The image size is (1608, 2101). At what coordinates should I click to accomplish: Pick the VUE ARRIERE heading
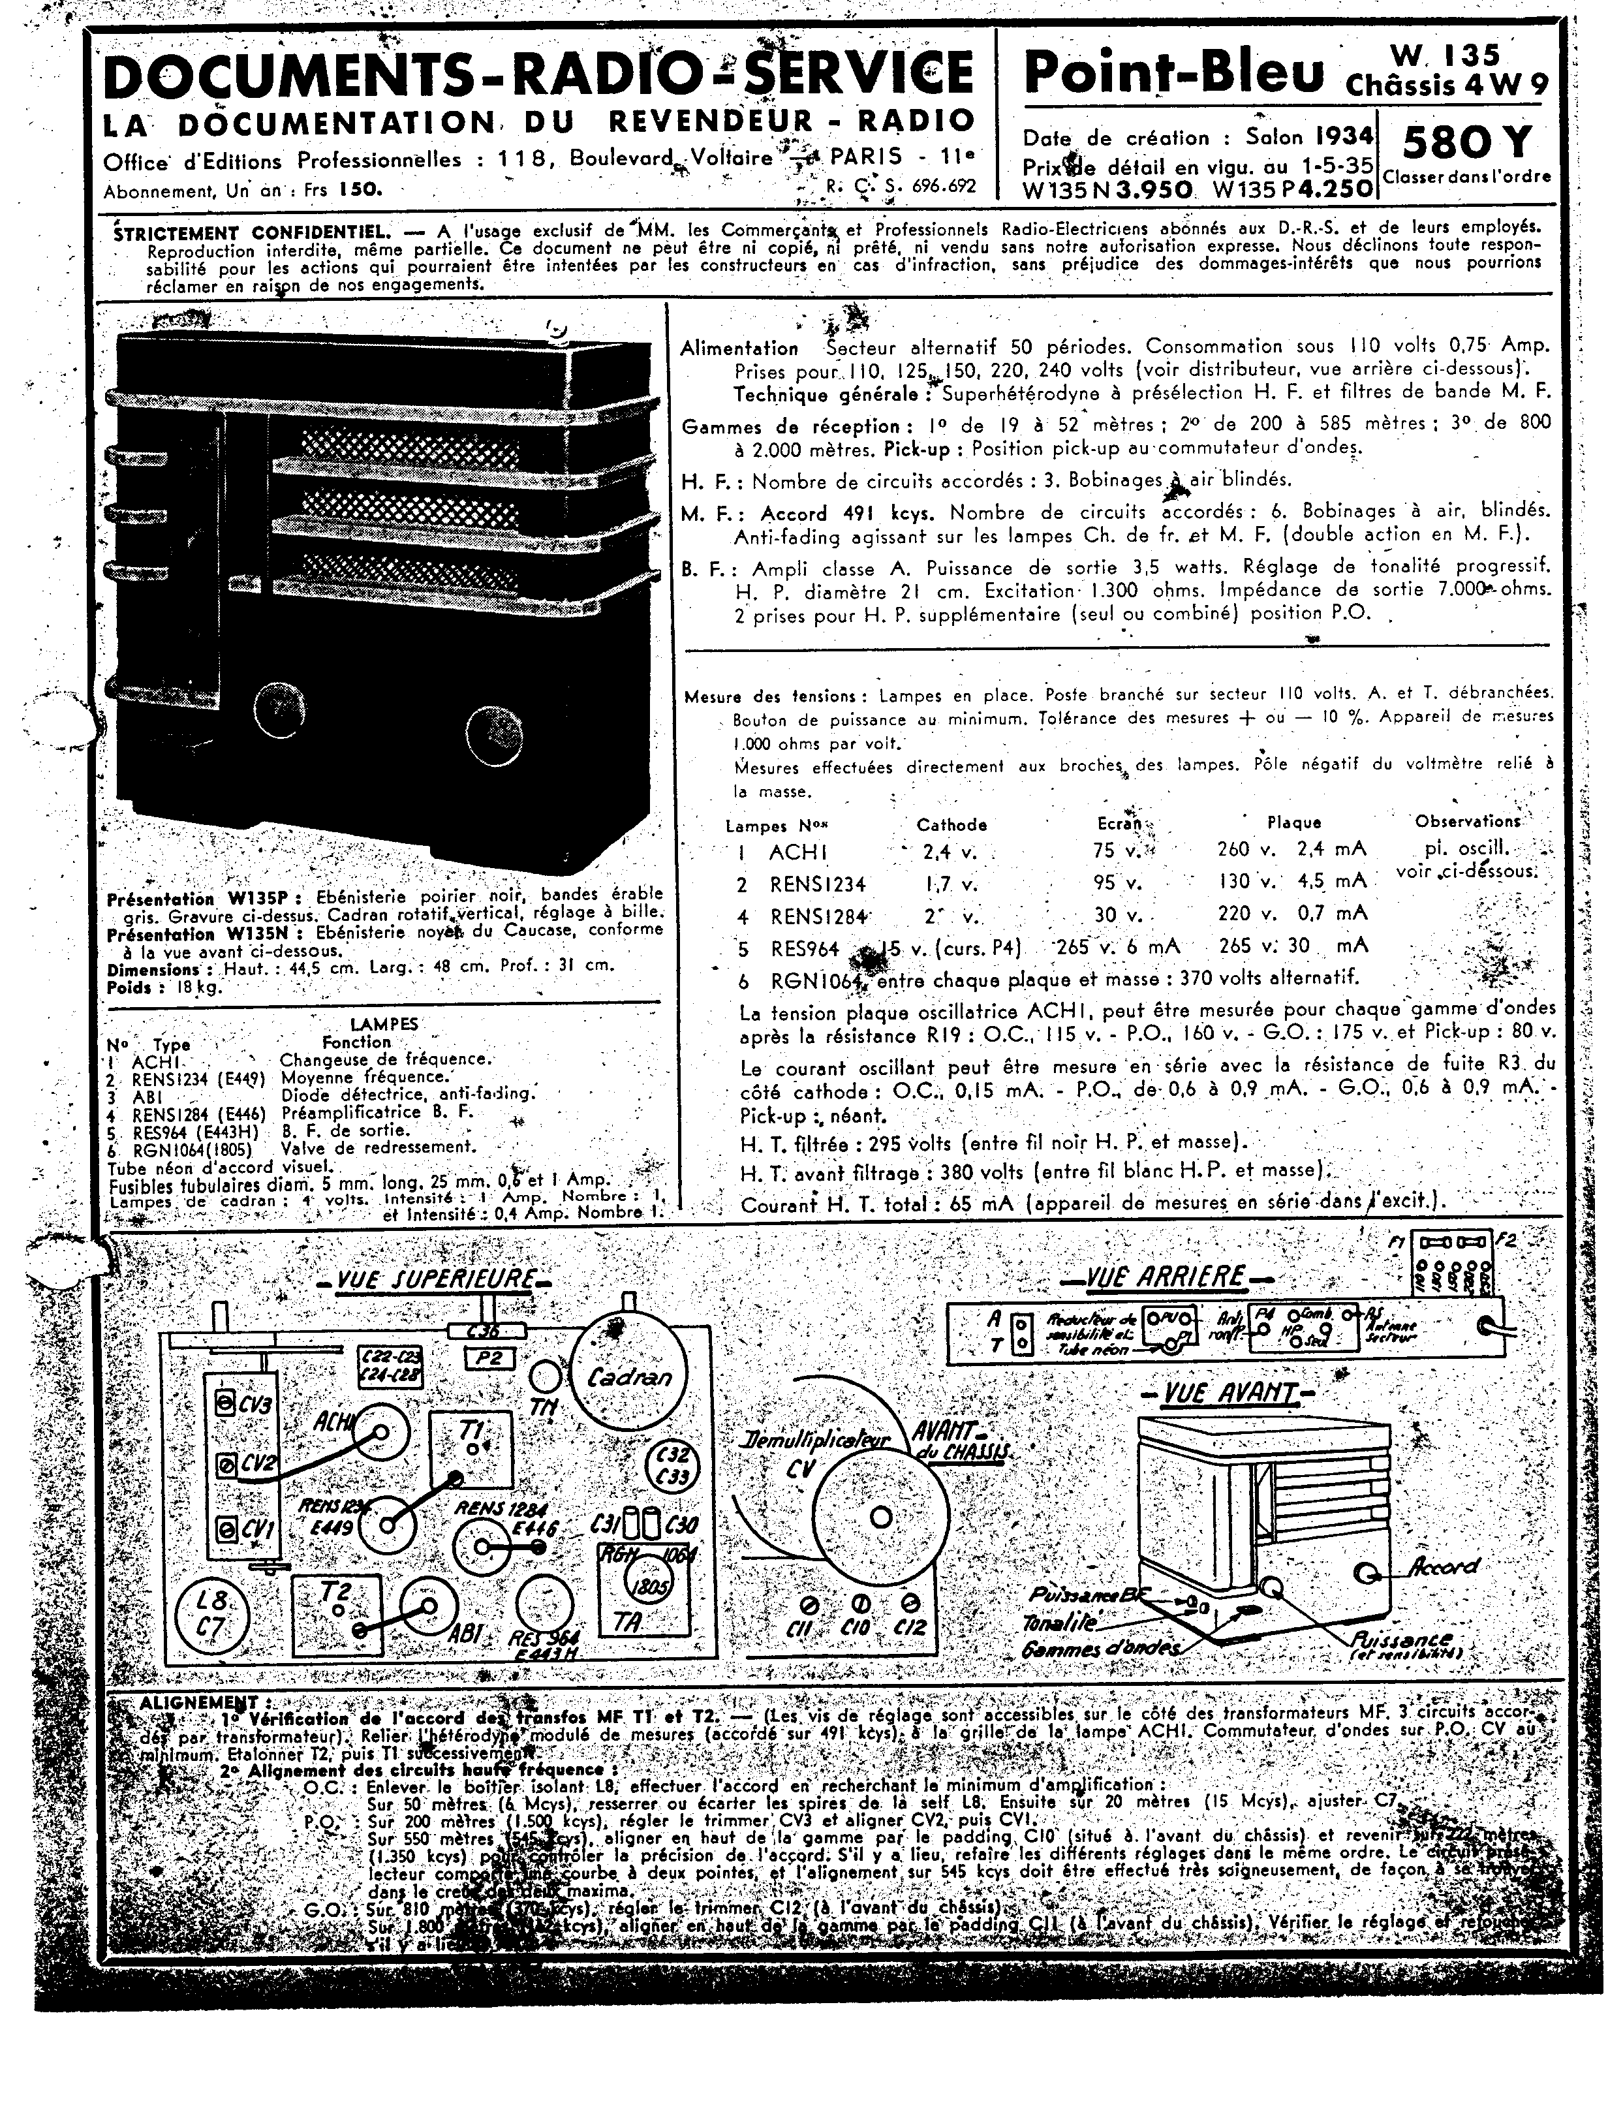tap(1165, 1276)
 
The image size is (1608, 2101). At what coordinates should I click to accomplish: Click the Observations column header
tap(1467, 821)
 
